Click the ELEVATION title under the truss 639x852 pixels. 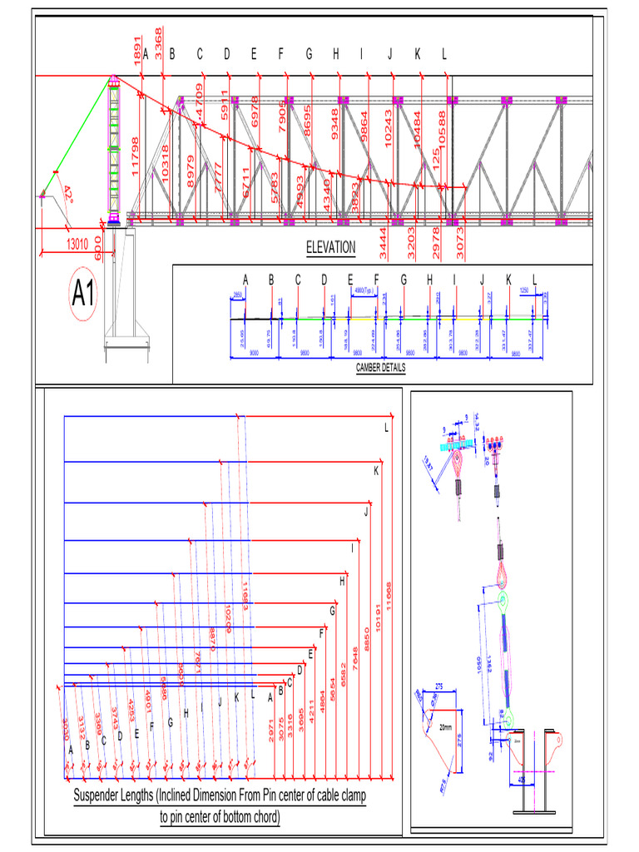330,247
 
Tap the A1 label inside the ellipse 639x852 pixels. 83,295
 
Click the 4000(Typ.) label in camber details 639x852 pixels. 364,291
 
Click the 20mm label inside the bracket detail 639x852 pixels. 446,726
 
